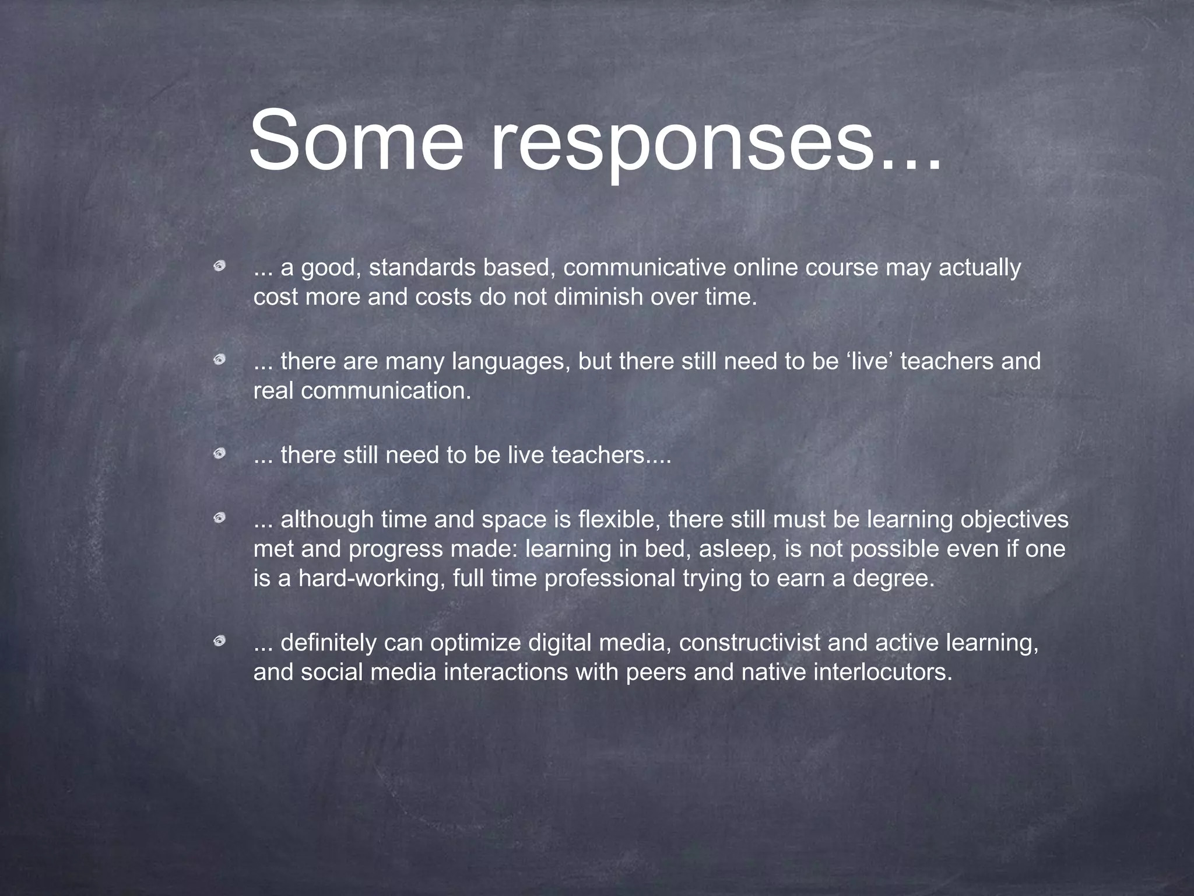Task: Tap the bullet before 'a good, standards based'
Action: coord(220,267)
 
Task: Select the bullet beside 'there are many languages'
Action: coord(220,360)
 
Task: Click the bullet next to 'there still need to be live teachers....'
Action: coord(220,454)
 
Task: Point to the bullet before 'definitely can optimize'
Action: coord(220,642)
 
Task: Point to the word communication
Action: coord(385,391)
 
